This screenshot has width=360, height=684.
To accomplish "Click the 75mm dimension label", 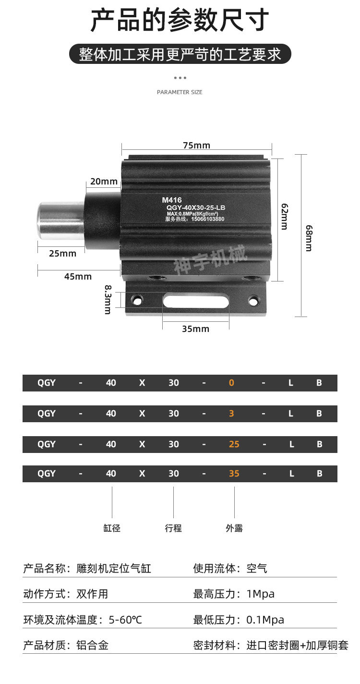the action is pos(196,146).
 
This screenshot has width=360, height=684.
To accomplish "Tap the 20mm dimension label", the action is pos(104,182).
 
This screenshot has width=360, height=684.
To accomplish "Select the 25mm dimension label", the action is pos(62,254).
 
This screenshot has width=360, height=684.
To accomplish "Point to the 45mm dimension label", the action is pos(78,277).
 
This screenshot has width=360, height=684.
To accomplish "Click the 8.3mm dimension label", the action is pos(108,300).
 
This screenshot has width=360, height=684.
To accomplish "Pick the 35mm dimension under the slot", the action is pos(195,329).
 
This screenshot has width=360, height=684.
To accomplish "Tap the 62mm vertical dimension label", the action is pos(284,217).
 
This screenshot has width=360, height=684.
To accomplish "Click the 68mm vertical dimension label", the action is pos(309,238).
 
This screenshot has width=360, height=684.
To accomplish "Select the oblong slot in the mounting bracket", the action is pos(196,301).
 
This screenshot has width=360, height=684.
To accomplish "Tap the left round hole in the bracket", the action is pos(136,300).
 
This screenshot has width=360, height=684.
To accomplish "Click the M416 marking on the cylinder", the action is pos(172,200).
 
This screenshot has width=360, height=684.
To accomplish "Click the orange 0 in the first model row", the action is pos(231,383).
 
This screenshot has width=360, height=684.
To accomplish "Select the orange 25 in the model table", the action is pos(234,444).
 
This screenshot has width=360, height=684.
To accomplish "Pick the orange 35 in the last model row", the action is pos(234,473).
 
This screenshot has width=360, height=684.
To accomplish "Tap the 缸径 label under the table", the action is pos(112,528).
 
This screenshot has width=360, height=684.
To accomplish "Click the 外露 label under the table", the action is pos(234,528).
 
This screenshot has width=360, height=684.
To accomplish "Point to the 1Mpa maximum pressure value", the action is pos(260,594).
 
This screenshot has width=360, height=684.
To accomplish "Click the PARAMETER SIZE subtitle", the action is pos(180,92).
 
